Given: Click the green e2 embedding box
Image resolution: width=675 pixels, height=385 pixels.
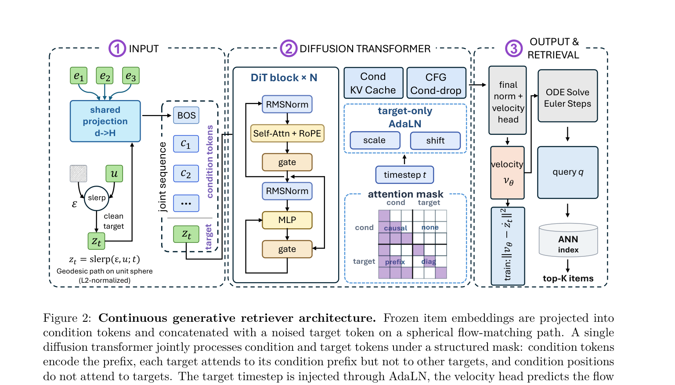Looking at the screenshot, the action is point(105,76).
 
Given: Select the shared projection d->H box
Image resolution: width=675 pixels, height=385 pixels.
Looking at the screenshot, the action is point(105,121).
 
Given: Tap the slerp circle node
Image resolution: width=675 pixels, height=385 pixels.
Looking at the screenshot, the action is point(97,198).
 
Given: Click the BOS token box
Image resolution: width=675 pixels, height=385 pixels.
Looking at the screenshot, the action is point(186,115).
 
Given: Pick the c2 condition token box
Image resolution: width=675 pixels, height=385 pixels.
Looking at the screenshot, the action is point(186,173).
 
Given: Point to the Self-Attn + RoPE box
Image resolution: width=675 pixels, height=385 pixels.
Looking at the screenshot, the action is point(287,133).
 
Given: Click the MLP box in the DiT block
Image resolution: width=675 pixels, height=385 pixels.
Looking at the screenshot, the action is point(287,220).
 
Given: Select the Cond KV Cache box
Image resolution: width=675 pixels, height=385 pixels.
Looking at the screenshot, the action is point(373,83).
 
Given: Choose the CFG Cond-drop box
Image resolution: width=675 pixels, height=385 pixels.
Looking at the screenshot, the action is point(436,83).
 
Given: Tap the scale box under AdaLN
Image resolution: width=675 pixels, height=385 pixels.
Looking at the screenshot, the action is point(375,140).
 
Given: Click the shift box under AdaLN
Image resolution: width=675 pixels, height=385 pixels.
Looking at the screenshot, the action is point(436,140).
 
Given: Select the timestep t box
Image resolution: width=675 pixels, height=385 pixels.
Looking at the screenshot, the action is point(405,175).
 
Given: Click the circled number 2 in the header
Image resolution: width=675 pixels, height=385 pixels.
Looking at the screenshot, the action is point(289,48).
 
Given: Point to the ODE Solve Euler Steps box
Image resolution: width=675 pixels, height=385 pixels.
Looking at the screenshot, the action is point(568,96).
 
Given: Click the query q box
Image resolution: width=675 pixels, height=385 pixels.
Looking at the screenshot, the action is point(568,173).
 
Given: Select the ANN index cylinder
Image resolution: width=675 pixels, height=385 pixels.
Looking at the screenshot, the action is point(568,240).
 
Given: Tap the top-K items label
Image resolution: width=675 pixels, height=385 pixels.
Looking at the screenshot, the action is point(568,278).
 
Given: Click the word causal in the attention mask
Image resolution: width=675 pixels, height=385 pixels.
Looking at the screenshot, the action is point(395,228).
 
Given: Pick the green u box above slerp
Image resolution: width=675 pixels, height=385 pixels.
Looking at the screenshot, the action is point(114,173).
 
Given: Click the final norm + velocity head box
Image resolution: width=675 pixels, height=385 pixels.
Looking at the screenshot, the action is point(507,101).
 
